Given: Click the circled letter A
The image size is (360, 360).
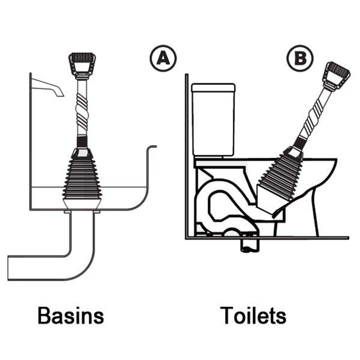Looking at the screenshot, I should click(x=163, y=59).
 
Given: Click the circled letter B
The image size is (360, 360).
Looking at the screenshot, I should click(x=300, y=59).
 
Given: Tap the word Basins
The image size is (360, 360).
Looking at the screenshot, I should click(x=70, y=315).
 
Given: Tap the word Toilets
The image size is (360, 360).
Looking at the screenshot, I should click(x=253, y=315).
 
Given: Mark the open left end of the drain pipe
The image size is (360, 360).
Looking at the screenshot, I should click(x=9, y=268).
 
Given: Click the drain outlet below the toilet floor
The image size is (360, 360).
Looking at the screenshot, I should click(x=249, y=247).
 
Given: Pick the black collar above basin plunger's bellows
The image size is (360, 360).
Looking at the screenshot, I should click(x=82, y=143).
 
